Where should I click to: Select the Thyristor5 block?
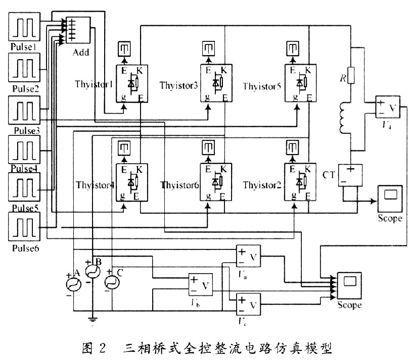pos(300,84)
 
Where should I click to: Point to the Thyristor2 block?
pos(300,182)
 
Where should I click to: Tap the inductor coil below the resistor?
pos(345,119)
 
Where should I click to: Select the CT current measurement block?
pos(350,174)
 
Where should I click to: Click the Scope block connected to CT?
pos(389,198)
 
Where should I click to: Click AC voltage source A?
pos(74,285)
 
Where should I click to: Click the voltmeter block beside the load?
pos(387,108)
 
